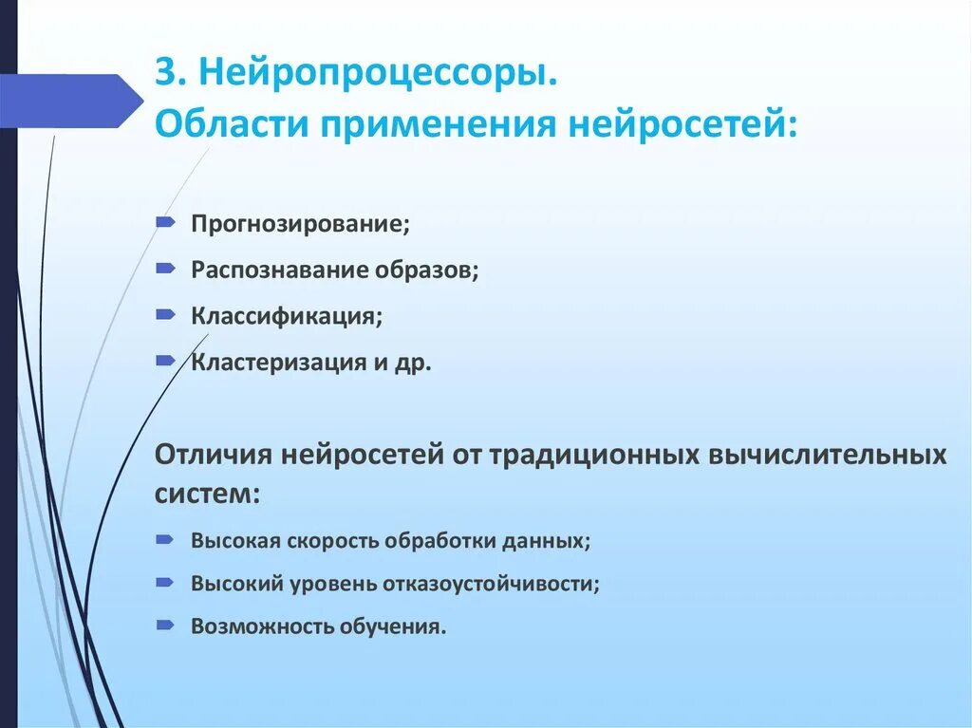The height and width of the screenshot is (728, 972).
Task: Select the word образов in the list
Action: (x=428, y=270)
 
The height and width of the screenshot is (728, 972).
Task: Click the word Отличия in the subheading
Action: (x=212, y=455)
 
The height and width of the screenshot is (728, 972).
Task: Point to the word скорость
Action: (x=333, y=540)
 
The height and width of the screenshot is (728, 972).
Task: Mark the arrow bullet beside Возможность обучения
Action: (x=165, y=625)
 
